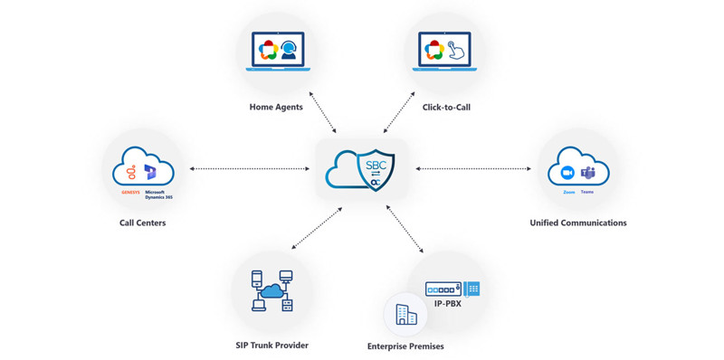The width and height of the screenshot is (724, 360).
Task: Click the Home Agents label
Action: (x=276, y=108)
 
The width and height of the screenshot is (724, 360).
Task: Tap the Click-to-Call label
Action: (x=446, y=108)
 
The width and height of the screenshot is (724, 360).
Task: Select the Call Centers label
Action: (x=142, y=223)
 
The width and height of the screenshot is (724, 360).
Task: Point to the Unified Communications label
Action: (x=577, y=223)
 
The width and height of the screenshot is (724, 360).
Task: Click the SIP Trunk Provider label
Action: (x=271, y=345)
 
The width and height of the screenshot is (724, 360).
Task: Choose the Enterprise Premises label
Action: (x=405, y=346)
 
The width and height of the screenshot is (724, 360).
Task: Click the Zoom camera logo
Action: (x=567, y=173)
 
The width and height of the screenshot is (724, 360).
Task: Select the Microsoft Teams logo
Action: (x=588, y=173)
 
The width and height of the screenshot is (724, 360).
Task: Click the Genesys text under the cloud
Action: (x=130, y=192)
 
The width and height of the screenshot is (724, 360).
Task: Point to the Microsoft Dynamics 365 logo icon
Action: (x=150, y=172)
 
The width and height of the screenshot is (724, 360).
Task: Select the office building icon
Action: (x=405, y=315)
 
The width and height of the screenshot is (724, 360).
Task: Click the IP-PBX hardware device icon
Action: (x=452, y=289)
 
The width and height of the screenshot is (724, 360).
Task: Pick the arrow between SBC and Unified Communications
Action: (x=473, y=168)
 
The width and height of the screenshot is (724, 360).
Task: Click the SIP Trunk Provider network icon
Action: (x=272, y=291)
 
